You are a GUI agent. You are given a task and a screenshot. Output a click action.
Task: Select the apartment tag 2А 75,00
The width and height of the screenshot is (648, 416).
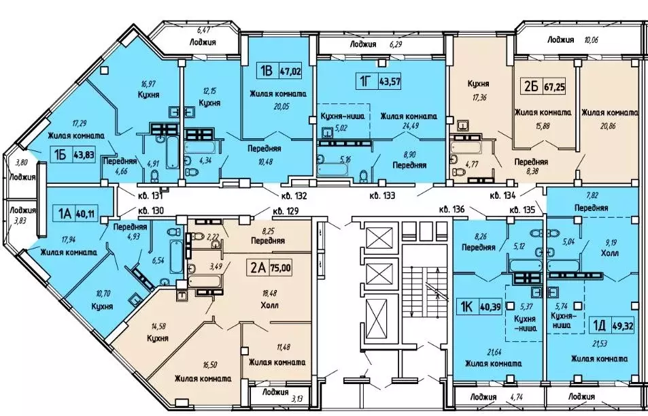pos(269,268)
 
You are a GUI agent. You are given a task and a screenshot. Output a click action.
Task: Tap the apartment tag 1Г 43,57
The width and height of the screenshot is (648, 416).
pos(378,81)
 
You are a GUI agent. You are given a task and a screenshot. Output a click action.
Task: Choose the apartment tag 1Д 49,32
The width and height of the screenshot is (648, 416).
pos(612,325)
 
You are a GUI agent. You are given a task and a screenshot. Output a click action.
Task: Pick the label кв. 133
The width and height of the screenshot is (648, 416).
pos(382,195)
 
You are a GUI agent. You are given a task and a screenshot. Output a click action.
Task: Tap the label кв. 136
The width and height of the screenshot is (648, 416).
pos(453,210)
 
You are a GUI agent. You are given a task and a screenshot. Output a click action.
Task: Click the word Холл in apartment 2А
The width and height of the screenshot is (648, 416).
pos(269,306)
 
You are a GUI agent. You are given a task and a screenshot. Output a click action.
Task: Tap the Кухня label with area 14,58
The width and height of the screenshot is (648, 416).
pos(158,338)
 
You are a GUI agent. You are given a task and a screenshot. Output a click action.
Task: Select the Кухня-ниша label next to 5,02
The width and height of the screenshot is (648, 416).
pos(343,116)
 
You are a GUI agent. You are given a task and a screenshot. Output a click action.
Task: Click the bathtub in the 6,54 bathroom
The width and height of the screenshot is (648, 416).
pos(175,252)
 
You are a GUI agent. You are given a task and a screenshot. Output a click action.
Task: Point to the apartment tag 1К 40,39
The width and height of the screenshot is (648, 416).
pos(479,308)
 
